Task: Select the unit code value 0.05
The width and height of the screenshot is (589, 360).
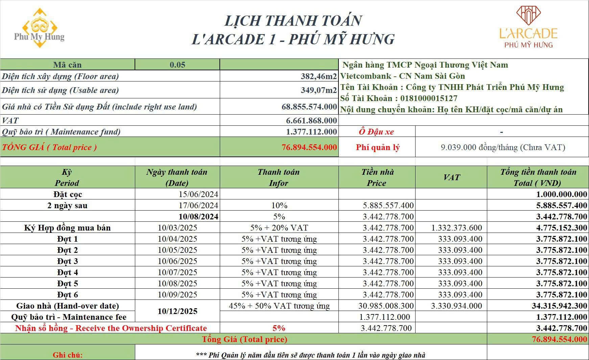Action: pos(178,65)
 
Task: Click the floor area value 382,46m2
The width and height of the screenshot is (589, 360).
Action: pos(319,76)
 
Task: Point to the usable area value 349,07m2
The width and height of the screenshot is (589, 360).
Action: pos(319,90)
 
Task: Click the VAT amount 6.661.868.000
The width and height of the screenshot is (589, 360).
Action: pos(311,121)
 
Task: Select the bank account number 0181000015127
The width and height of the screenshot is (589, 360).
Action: pos(428,98)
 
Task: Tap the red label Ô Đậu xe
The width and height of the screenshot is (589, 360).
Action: pos(376,132)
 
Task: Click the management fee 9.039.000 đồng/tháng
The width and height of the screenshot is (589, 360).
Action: pos(503,147)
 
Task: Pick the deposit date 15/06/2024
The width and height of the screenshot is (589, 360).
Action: pos(198,194)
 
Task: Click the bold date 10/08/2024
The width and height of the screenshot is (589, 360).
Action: pos(198,217)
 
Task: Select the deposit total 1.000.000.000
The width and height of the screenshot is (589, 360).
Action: pos(562,194)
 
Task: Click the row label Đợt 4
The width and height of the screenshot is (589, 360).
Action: pos(67,272)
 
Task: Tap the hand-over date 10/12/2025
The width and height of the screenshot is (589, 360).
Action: pos(178,311)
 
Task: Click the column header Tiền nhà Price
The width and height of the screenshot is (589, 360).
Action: pos(377,177)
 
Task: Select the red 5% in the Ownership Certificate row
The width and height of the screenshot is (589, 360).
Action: pos(279,328)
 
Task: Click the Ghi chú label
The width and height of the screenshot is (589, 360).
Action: pos(67,355)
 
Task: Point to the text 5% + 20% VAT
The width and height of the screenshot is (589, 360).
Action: pos(279,228)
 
